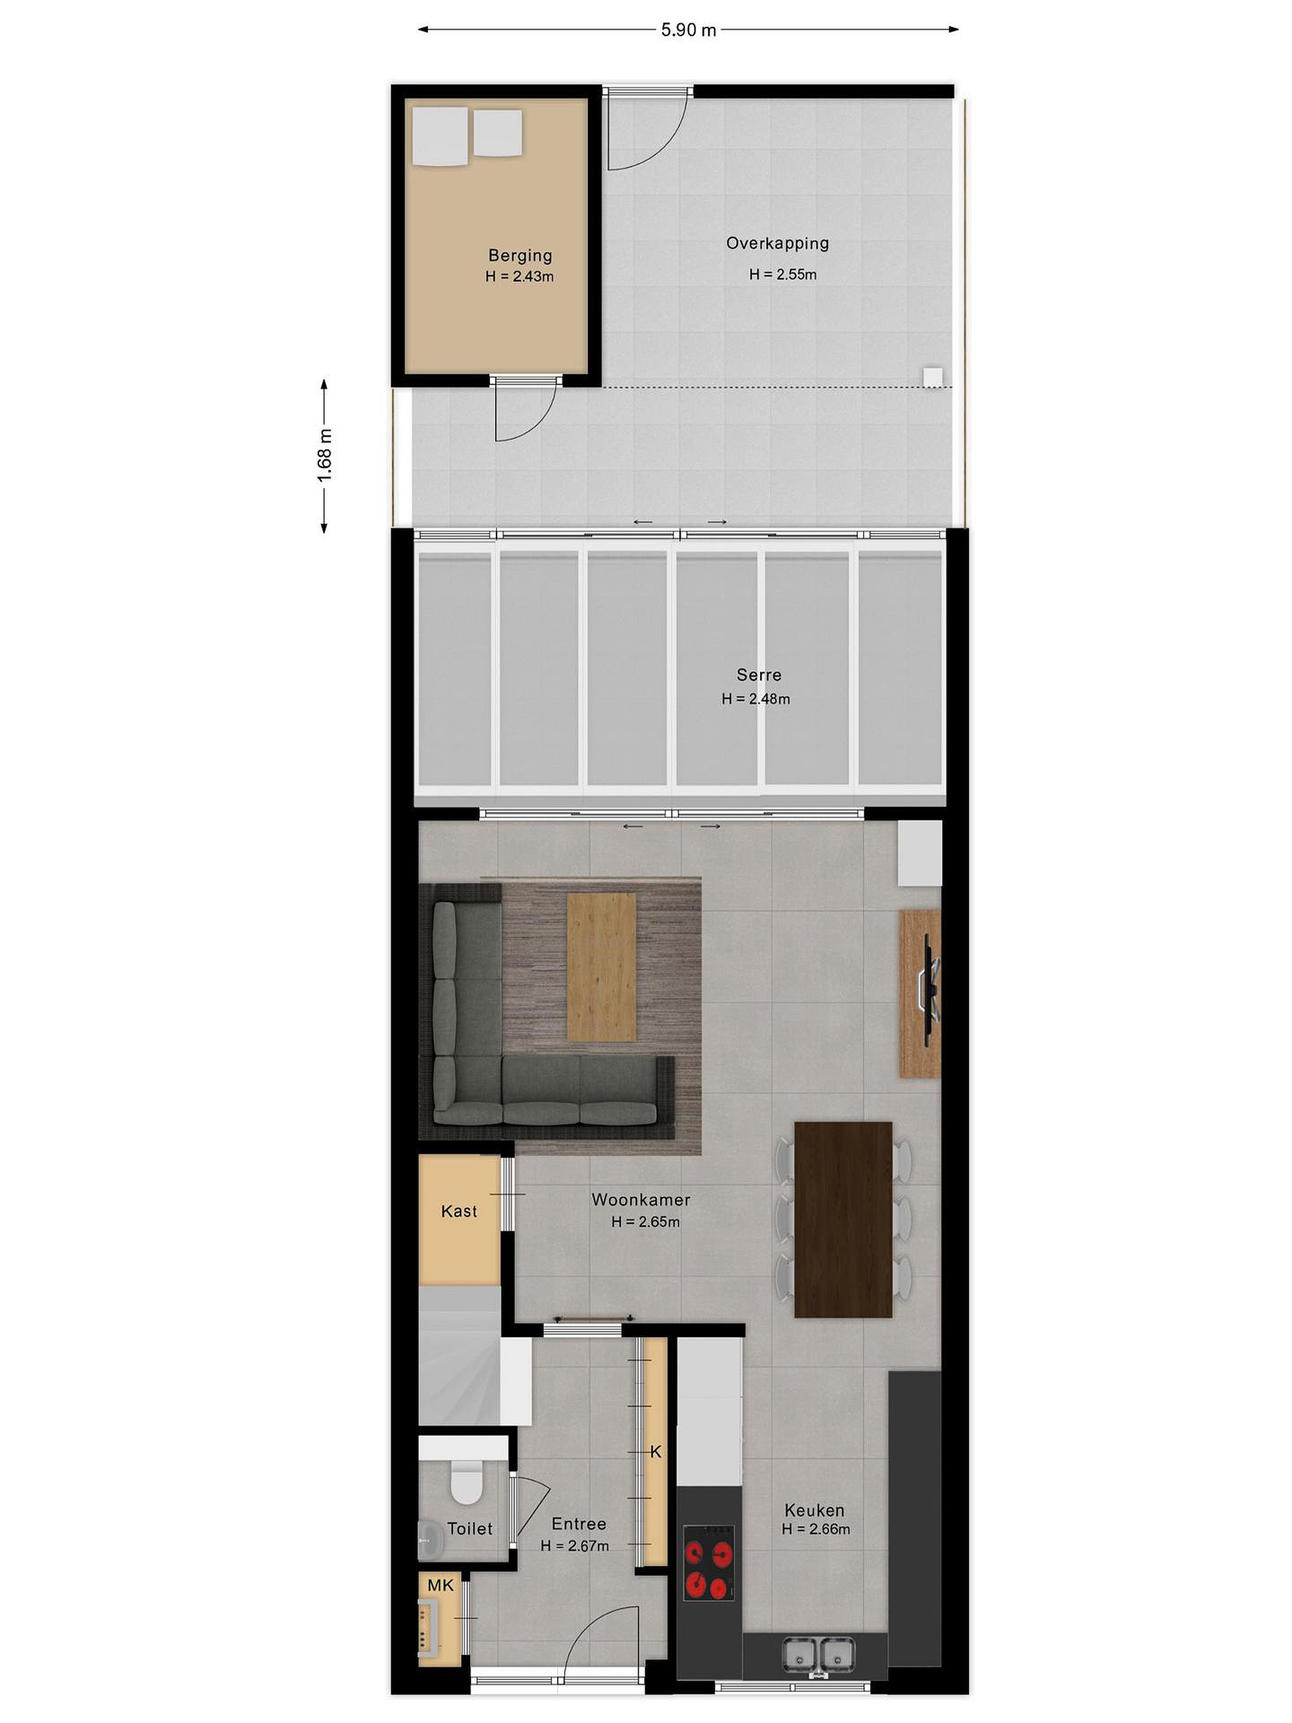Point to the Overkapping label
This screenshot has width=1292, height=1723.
pyautogui.click(x=776, y=243)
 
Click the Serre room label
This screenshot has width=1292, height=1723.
pyautogui.click(x=758, y=675)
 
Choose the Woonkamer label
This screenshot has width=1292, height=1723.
pyautogui.click(x=640, y=1199)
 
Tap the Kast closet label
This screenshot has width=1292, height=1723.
pyautogui.click(x=459, y=1210)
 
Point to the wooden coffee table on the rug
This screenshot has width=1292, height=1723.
pyautogui.click(x=601, y=966)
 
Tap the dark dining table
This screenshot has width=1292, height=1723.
pyautogui.click(x=843, y=1219)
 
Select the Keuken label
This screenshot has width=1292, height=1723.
pyautogui.click(x=814, y=1509)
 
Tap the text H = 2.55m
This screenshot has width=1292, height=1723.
pyautogui.click(x=782, y=274)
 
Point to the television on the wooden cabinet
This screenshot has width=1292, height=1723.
pyautogui.click(x=930, y=990)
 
